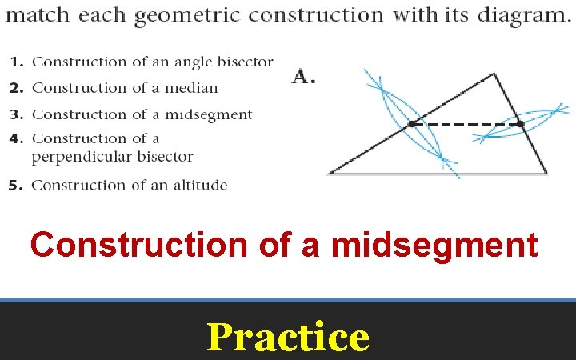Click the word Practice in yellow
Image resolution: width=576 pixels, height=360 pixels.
click(288, 337)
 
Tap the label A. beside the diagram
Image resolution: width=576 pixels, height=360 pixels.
click(303, 78)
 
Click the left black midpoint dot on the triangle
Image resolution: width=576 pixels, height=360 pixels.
click(411, 124)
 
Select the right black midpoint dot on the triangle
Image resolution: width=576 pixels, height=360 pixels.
click(519, 124)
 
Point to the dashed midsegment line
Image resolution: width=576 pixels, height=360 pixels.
click(464, 124)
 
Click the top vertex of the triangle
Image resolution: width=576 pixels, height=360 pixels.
click(494, 74)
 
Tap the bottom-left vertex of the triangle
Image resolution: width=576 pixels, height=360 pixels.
click(329, 173)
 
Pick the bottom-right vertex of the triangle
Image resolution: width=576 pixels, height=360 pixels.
click(546, 173)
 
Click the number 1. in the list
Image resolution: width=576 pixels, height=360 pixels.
click(17, 62)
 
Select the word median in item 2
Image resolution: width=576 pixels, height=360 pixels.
click(193, 88)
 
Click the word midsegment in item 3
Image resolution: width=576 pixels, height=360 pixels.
click(212, 114)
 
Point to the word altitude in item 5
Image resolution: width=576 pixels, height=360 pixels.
click(202, 185)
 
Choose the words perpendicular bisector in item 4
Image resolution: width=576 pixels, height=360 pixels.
click(112, 157)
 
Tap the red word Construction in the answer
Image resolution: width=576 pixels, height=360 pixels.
click(138, 245)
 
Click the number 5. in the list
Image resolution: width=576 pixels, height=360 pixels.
click(17, 185)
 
